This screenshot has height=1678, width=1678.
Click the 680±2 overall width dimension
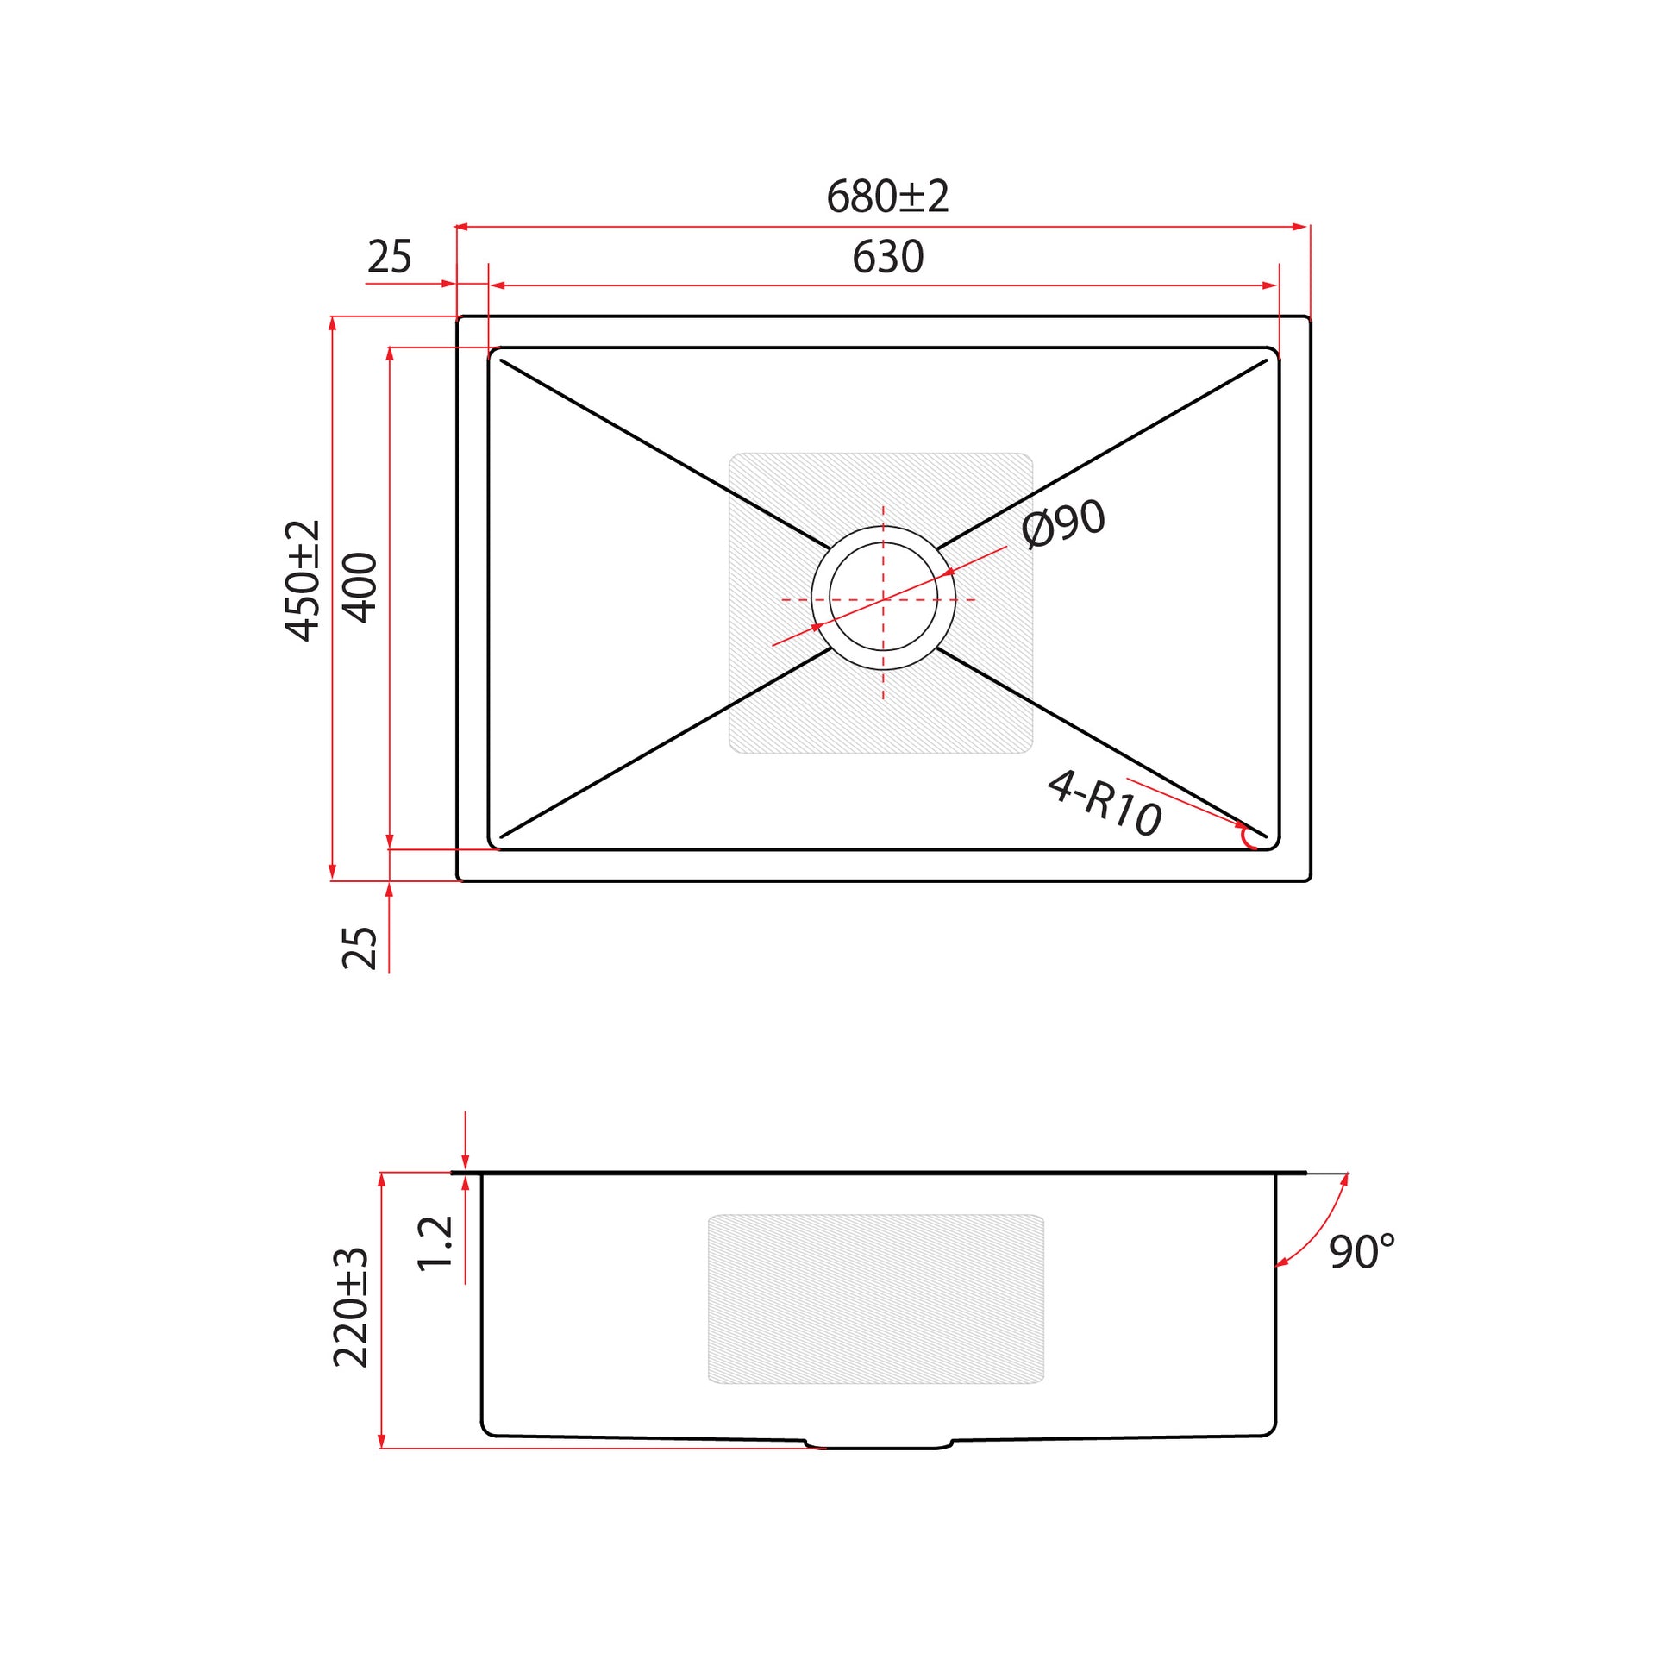886,197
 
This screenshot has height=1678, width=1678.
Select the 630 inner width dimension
887,256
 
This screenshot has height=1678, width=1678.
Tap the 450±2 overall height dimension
304,580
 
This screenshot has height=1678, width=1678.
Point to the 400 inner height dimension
360,588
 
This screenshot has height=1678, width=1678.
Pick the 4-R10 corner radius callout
1105,804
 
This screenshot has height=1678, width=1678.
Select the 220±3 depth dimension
351,1308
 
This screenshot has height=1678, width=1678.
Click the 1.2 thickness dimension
436,1243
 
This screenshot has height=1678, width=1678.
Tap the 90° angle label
1362,1251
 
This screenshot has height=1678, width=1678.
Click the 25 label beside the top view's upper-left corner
389,257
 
